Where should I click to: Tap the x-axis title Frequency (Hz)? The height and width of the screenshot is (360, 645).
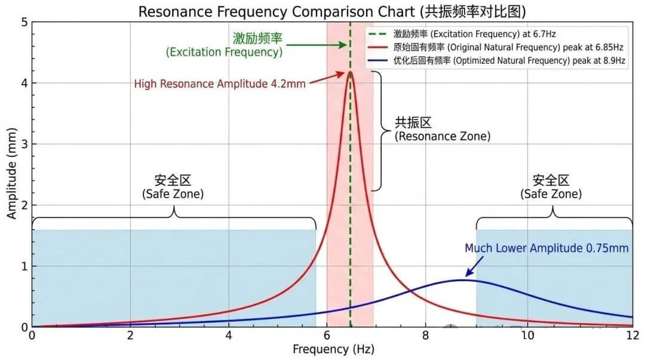pyautogui.click(x=333, y=348)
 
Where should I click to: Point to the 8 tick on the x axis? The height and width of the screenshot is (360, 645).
pyautogui.click(x=425, y=335)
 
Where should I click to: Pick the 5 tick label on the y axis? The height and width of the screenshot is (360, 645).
pyautogui.click(x=24, y=22)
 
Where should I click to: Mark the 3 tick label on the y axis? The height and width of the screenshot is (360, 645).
pyautogui.click(x=24, y=144)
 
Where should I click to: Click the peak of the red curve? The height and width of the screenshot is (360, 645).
pyautogui.click(x=350, y=72)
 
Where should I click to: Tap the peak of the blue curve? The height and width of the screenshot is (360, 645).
pyautogui.click(x=461, y=279)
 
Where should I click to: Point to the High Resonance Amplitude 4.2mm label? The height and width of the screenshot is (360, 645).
pyautogui.click(x=220, y=84)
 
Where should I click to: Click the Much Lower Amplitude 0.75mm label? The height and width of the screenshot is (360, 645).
pyautogui.click(x=546, y=248)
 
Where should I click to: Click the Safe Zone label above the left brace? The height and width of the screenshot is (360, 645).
pyautogui.click(x=173, y=187)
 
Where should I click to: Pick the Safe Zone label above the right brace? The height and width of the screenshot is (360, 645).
pyautogui.click(x=551, y=187)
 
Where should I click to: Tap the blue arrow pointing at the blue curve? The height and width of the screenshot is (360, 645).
pyautogui.click(x=474, y=267)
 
